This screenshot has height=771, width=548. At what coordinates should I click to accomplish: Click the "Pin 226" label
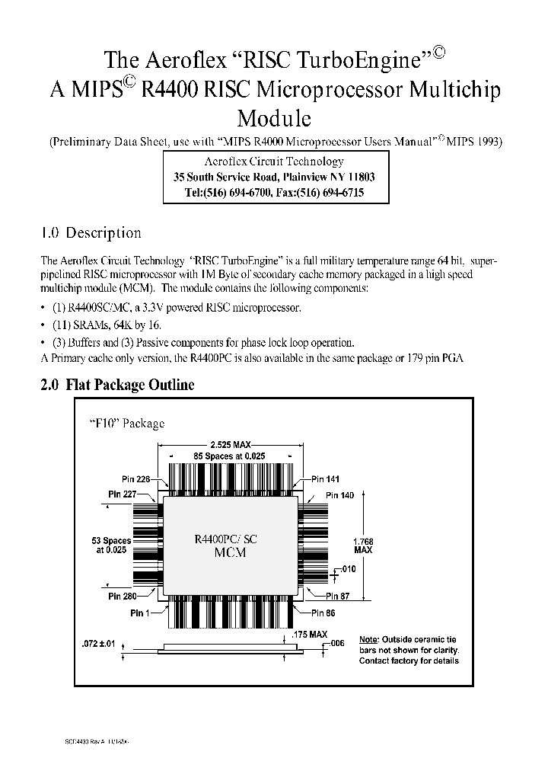pyautogui.click(x=136, y=479)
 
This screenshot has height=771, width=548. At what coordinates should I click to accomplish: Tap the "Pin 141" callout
pyautogui.click(x=325, y=479)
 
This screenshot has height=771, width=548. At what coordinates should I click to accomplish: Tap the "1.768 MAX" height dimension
pyautogui.click(x=363, y=544)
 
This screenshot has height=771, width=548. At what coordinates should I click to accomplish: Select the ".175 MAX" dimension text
pyautogui.click(x=309, y=634)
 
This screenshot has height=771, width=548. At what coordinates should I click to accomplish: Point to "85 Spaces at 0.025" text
pyautogui.click(x=231, y=456)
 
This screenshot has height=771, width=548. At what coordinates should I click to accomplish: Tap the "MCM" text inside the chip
pyautogui.click(x=231, y=553)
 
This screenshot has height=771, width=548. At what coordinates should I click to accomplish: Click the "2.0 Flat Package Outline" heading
pyautogui.click(x=117, y=385)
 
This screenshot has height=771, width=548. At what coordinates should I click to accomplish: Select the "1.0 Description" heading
pyautogui.click(x=91, y=233)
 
